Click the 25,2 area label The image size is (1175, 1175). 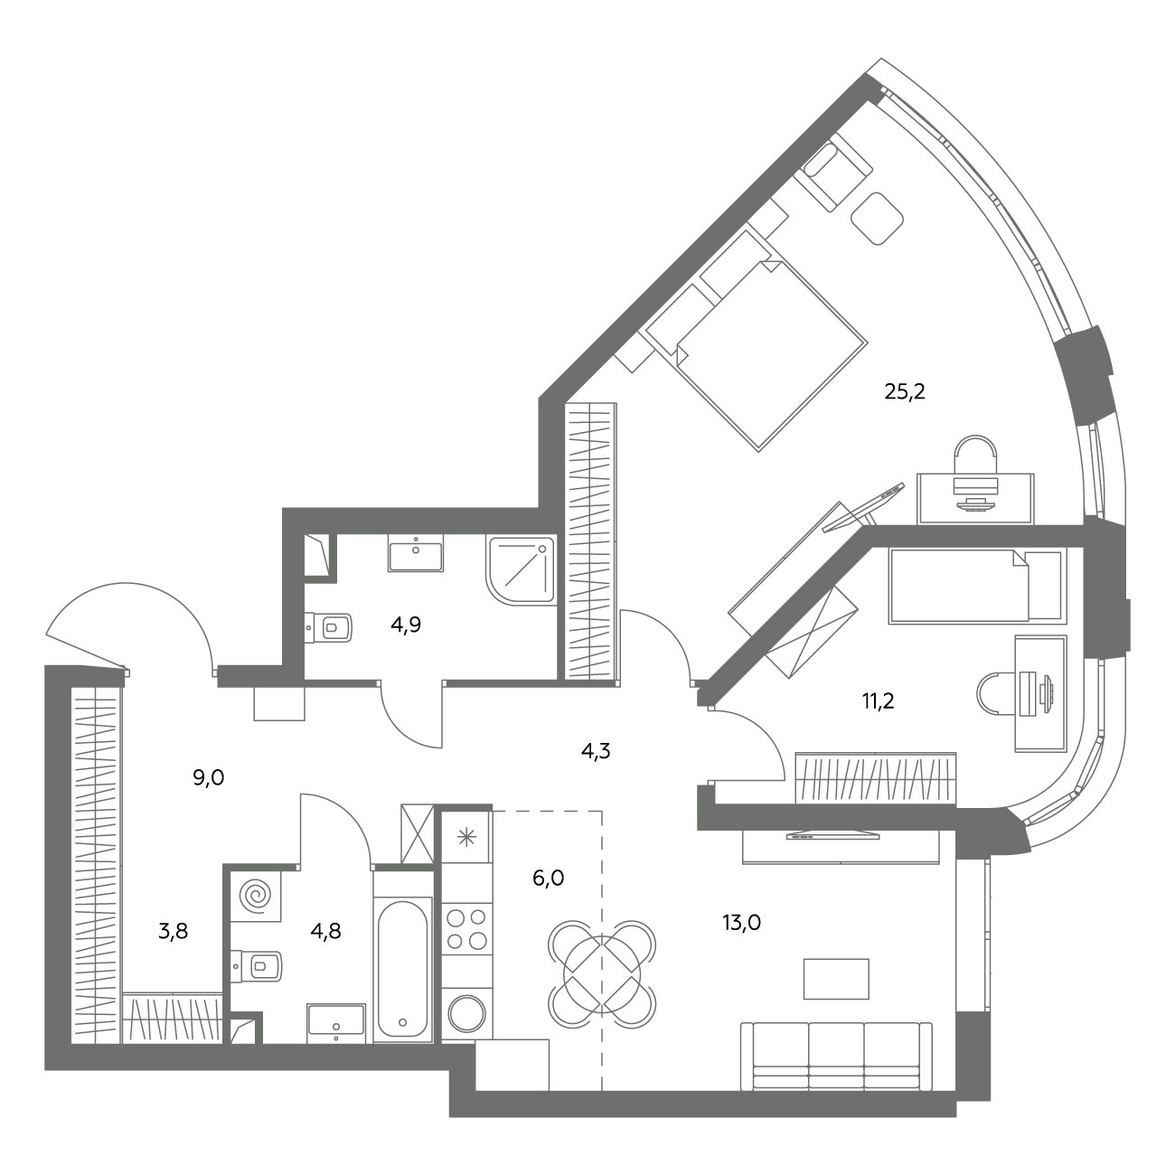point(905,391)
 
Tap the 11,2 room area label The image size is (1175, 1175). point(878,701)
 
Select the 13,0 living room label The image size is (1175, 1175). point(741,923)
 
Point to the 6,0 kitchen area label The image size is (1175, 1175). point(548,878)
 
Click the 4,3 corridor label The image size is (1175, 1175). point(596,751)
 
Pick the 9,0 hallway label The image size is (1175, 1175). point(209,777)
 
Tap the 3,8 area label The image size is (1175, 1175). point(174,932)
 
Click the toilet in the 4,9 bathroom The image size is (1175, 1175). point(329,627)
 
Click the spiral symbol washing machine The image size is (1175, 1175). point(256,896)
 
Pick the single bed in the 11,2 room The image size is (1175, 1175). point(977,586)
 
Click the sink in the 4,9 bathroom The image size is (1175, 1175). point(416,553)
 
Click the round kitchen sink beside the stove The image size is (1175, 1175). point(466,1013)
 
